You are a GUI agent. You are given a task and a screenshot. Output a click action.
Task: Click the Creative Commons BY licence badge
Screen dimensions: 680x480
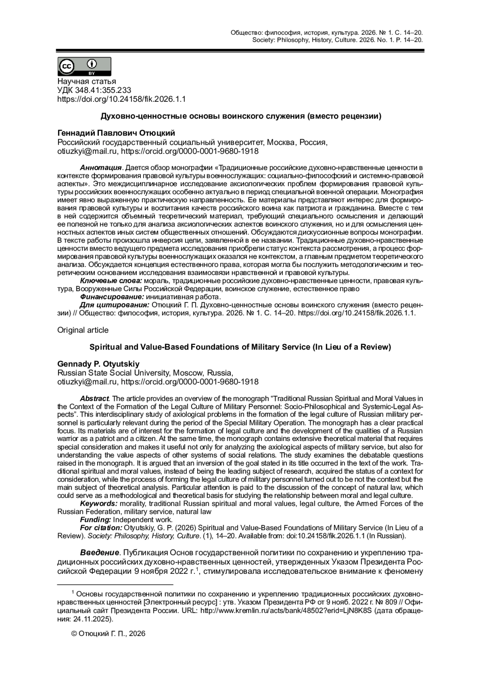[x=84, y=67]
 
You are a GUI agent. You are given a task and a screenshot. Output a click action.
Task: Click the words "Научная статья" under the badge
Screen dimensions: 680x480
[x=87, y=82]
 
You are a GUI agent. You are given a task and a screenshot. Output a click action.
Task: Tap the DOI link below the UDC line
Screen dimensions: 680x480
[x=122, y=99]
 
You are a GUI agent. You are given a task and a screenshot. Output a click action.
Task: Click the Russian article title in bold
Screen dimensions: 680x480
[x=240, y=117]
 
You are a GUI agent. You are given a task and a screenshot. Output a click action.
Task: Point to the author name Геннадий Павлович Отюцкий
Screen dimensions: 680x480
[x=116, y=133]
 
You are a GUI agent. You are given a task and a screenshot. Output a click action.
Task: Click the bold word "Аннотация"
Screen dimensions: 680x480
[x=100, y=167]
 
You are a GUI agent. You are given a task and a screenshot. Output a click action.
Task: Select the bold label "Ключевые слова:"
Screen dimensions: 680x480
[x=111, y=280]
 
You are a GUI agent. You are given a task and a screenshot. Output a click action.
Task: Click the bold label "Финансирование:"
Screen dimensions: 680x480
[x=112, y=297]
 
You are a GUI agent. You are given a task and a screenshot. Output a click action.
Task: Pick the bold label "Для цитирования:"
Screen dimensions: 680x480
[x=114, y=305]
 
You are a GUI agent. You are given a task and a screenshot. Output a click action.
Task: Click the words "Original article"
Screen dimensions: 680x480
[x=83, y=330]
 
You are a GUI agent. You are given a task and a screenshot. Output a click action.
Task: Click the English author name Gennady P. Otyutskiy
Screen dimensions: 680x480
[x=98, y=364]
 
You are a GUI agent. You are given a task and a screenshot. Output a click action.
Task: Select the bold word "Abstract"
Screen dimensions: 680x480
[x=94, y=398]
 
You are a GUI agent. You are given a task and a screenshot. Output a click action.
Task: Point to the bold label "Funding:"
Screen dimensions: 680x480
[x=95, y=520]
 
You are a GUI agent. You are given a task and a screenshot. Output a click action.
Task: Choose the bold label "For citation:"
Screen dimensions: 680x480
[x=101, y=528]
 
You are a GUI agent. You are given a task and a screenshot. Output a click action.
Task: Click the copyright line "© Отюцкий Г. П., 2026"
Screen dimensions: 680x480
[x=108, y=634]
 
